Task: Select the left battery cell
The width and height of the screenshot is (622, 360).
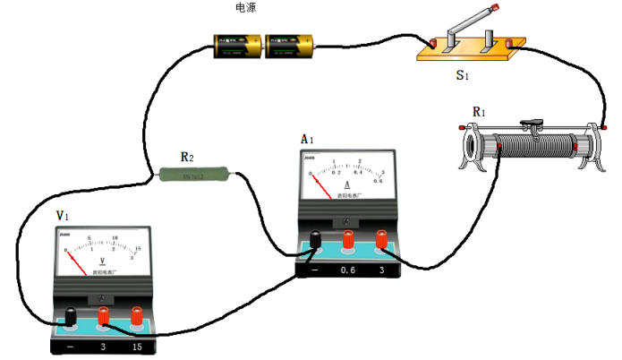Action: point(238,45)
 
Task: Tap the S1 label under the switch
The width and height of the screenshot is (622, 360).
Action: point(462,75)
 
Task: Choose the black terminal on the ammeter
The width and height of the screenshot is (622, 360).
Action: point(315,239)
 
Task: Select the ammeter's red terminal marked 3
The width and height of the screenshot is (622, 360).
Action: point(382,239)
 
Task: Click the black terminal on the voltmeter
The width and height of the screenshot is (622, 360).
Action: point(71,315)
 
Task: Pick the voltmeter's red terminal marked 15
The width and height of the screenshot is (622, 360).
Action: point(137,315)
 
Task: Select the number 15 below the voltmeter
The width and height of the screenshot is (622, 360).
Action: point(137,347)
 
